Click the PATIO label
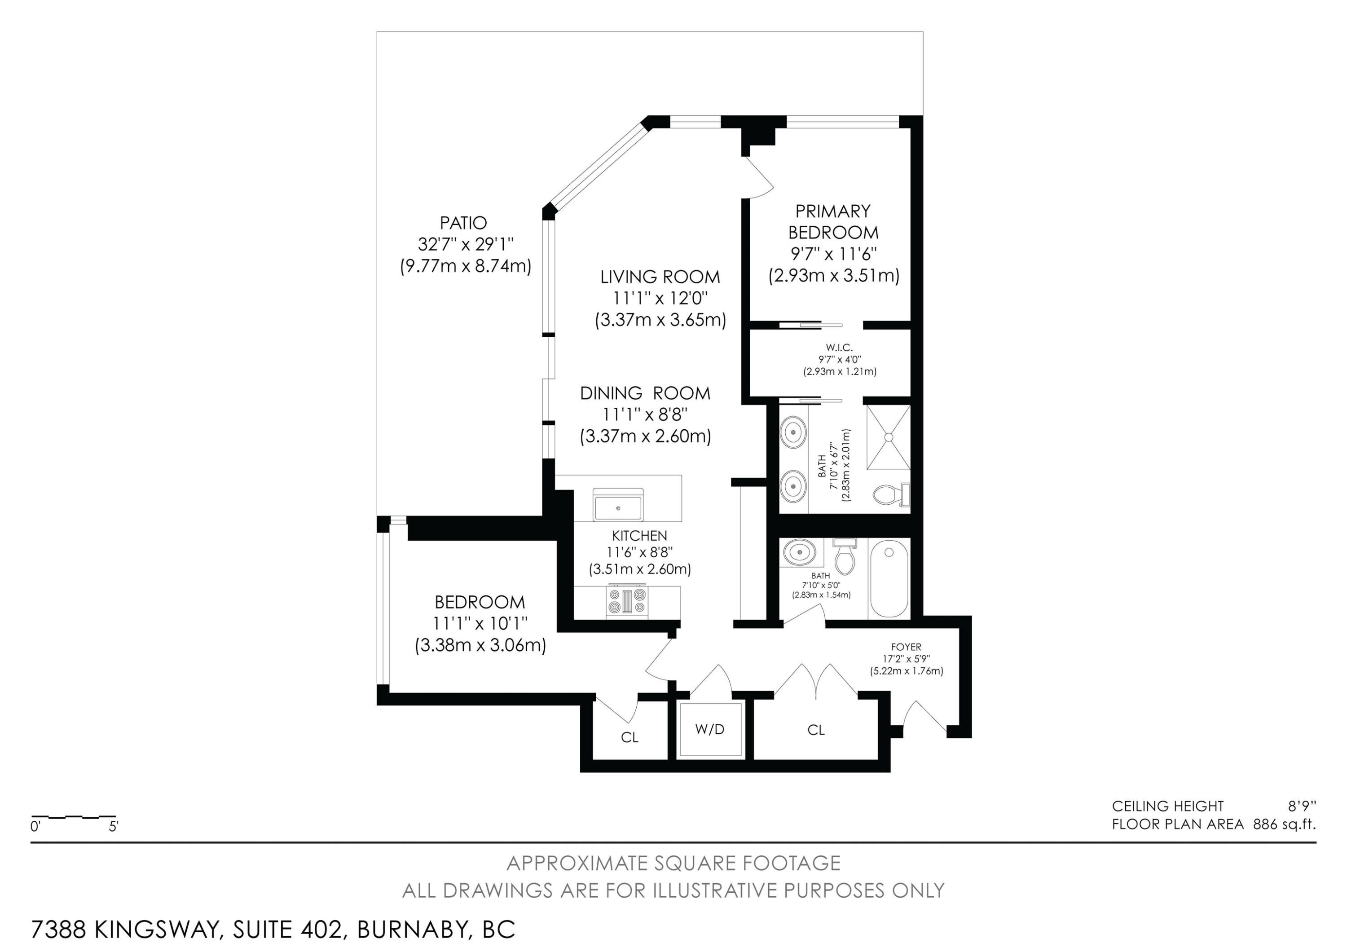463,223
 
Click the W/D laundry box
710,729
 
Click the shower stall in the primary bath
888,436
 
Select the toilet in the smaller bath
845,557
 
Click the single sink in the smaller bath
800,552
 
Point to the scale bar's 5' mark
114,828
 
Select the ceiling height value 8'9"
1298,806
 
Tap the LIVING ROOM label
660,276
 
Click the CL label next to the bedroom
629,737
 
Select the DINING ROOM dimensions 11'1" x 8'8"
645,414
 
